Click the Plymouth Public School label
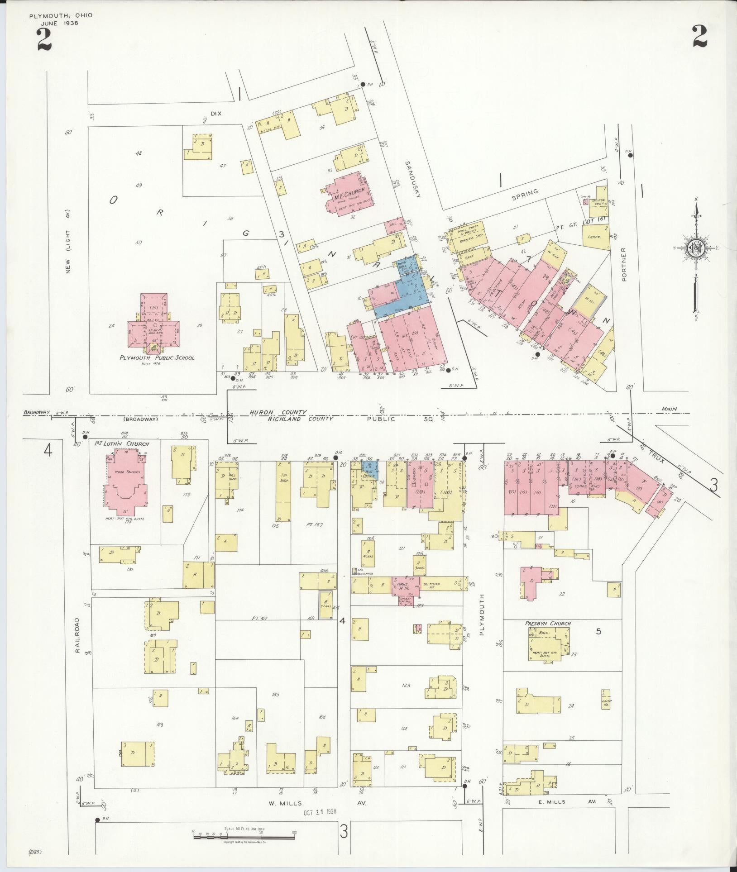157,357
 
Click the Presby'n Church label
548,623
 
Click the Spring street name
525,192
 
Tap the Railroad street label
77,635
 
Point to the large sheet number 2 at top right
699,37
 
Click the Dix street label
217,114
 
